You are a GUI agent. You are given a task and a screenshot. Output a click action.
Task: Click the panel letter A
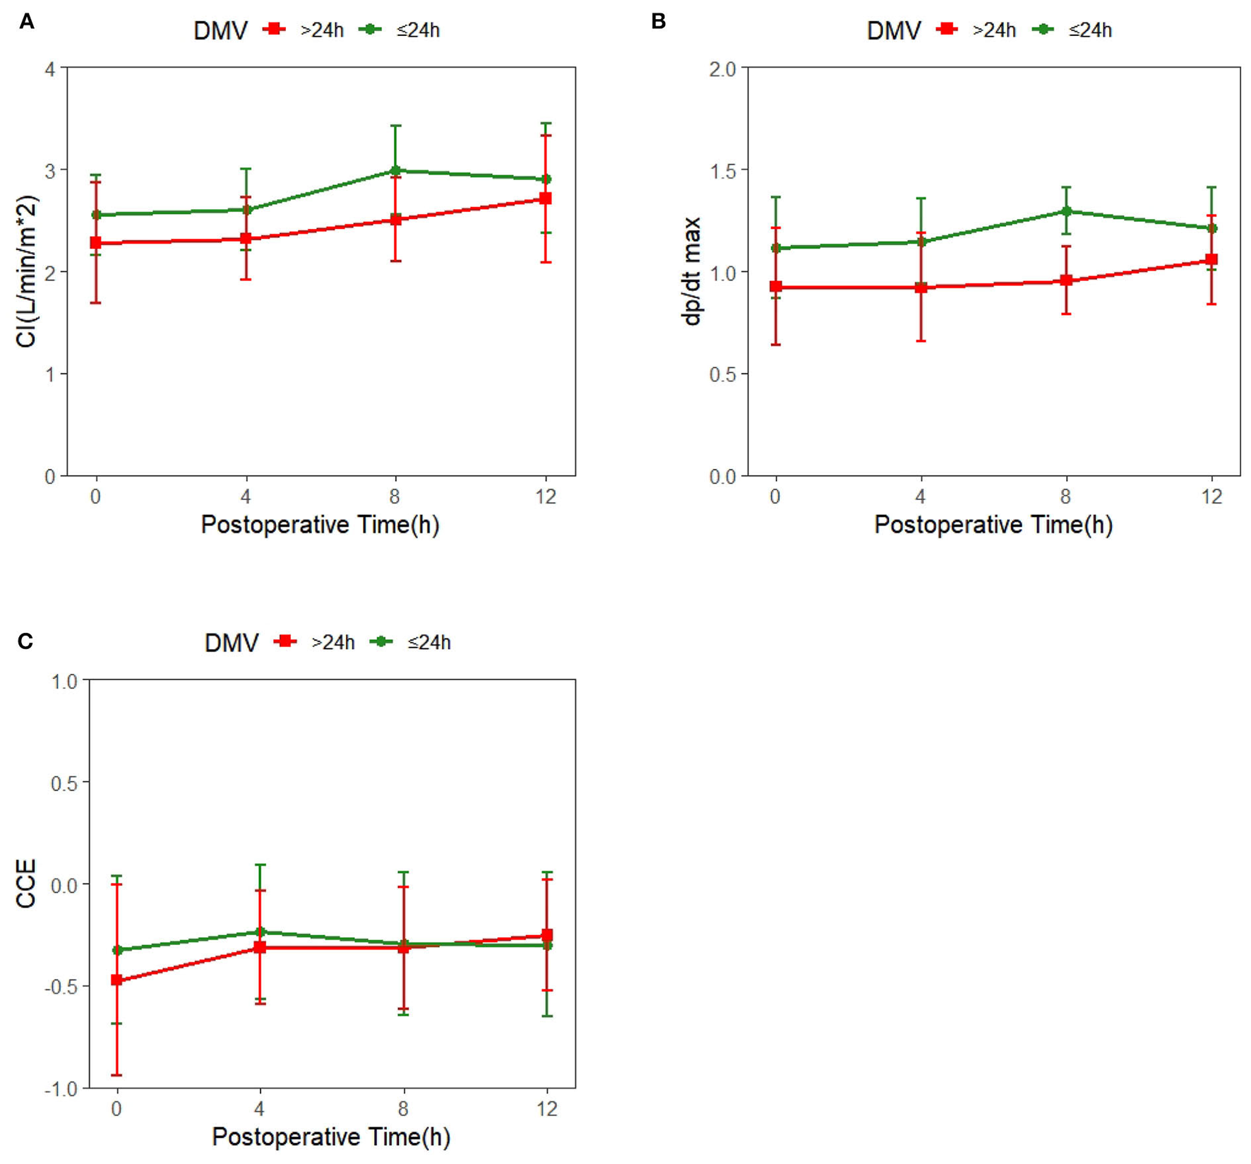click(27, 22)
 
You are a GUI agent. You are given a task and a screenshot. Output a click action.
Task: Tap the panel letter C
click(25, 641)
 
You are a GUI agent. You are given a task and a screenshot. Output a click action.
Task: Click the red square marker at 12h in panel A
click(545, 198)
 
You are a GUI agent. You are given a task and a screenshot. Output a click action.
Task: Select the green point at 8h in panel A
click(395, 170)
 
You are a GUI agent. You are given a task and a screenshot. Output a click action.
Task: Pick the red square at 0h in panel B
click(776, 287)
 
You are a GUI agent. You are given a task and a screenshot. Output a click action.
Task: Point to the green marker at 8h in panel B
click(1067, 210)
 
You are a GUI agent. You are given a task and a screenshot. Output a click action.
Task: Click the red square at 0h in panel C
click(116, 980)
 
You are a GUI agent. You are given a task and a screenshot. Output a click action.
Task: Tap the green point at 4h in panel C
click(260, 932)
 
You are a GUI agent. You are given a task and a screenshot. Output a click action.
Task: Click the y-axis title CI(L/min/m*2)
click(27, 271)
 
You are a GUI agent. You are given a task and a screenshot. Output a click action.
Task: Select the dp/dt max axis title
click(693, 271)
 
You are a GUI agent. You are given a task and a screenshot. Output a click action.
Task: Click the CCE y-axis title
click(27, 884)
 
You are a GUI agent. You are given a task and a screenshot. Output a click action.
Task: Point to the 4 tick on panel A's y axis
click(49, 69)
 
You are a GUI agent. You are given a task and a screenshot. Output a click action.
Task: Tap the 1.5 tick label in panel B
click(722, 171)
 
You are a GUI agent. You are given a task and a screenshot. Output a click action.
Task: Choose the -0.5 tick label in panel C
click(61, 986)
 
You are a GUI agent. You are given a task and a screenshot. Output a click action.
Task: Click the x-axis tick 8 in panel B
click(1066, 497)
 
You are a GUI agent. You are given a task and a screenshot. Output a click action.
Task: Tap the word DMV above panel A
click(220, 30)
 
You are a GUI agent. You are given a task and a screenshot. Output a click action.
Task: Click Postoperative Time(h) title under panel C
click(330, 1137)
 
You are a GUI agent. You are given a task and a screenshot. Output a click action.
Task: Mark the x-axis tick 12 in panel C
click(546, 1109)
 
